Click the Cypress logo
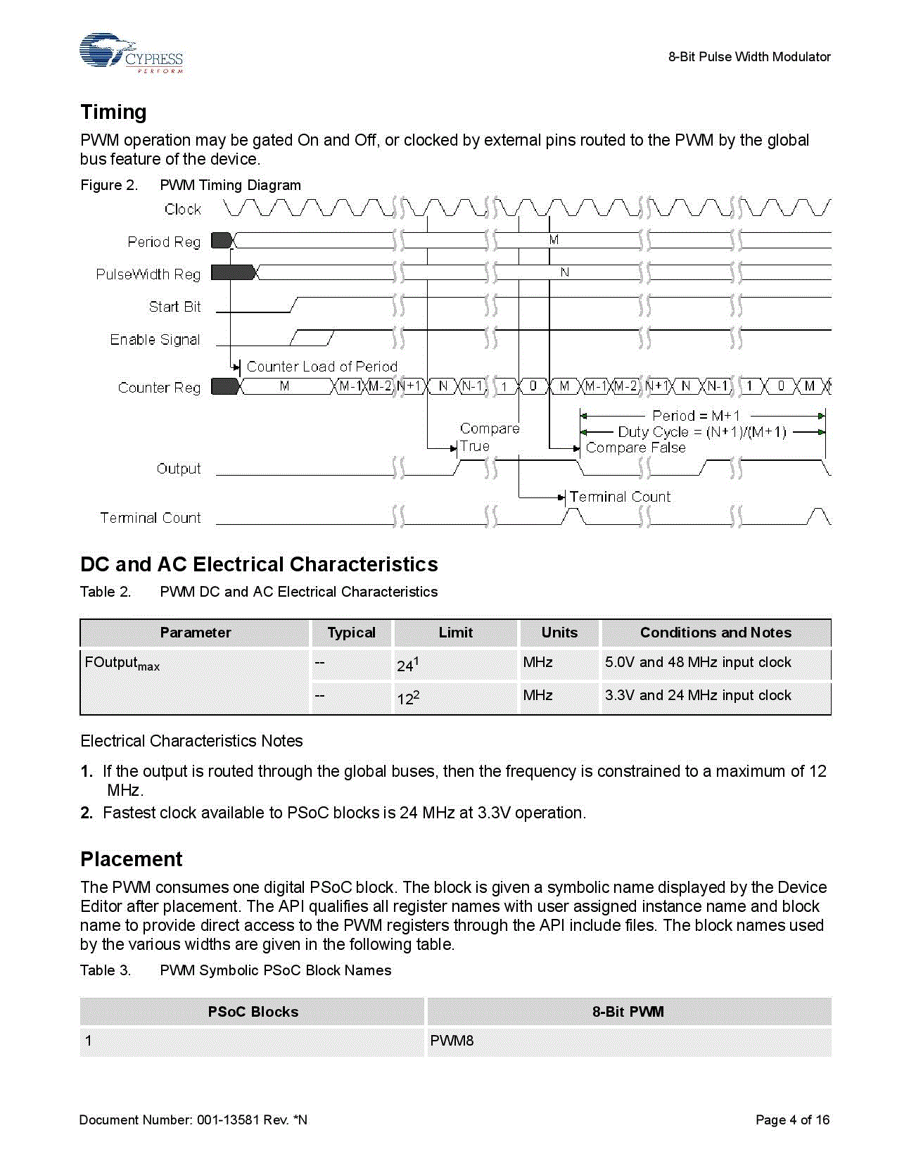pos(131,53)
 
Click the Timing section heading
pos(113,112)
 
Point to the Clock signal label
pos(182,209)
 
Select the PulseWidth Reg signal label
pos(148,274)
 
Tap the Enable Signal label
pos(155,339)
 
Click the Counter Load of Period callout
pos(322,367)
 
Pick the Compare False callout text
pos(635,448)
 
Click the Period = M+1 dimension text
pos(696,416)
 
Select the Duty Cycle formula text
pos(701,432)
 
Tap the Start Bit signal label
pos(174,307)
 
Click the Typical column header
pos(351,633)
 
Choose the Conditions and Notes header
pos(715,633)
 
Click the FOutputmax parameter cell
pos(122,664)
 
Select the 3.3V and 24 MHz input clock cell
pos(698,695)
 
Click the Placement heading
pos(131,859)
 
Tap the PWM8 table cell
pos(452,1041)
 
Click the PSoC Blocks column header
pos(253,1012)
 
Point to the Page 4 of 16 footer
pos(792,1119)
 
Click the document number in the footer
pos(193,1119)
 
